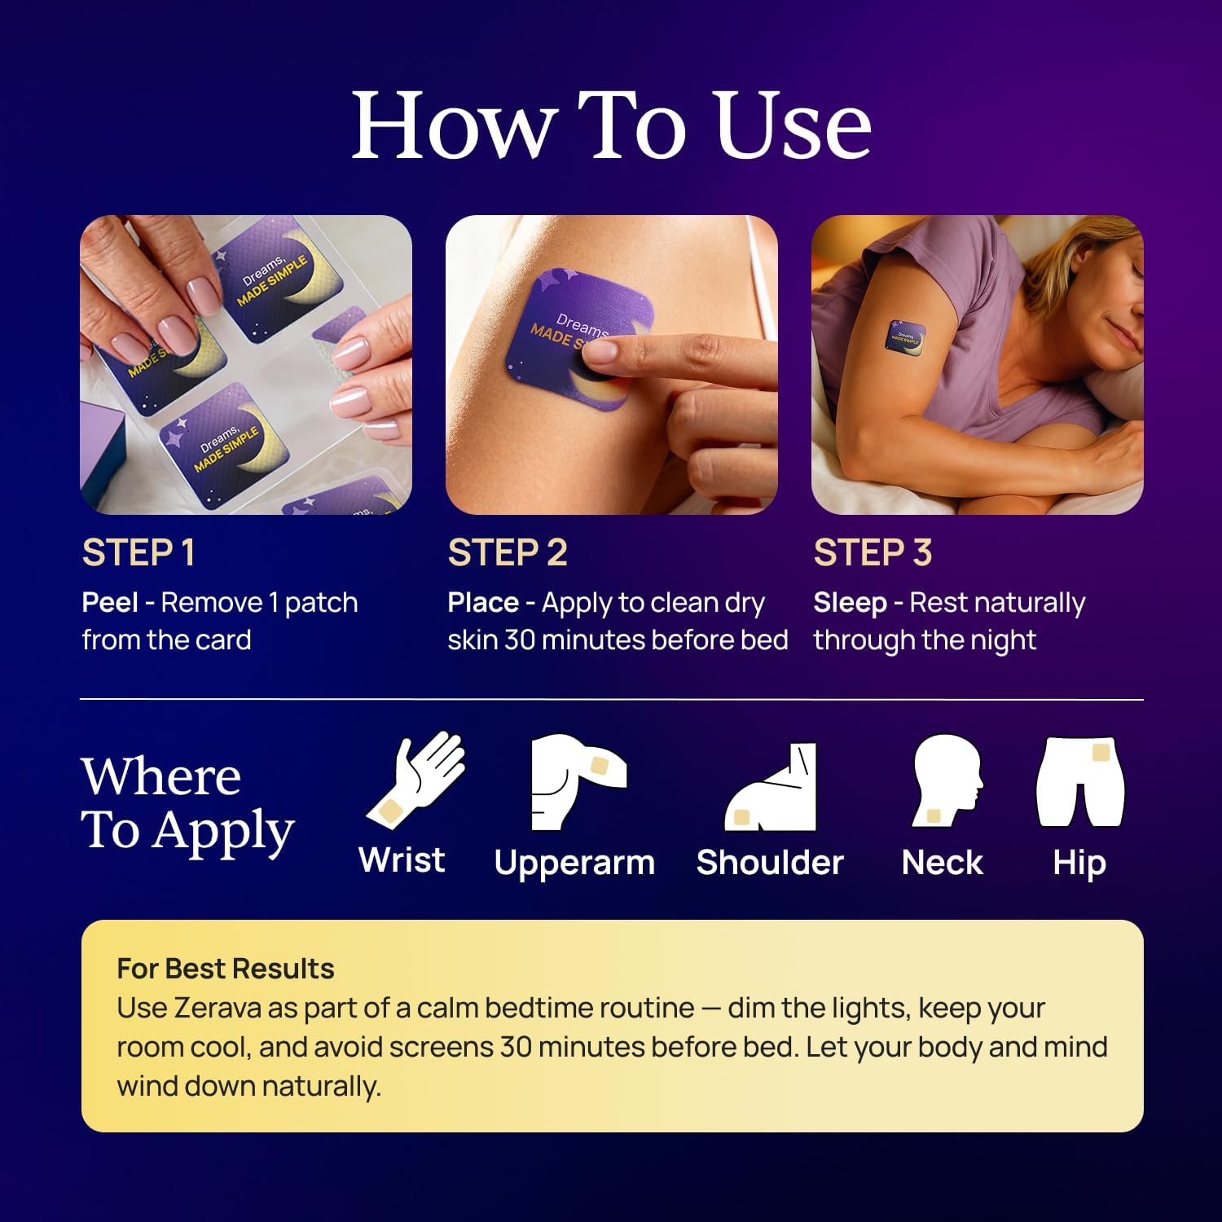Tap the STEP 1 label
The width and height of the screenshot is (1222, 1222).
(x=138, y=552)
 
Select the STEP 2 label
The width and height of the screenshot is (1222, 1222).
(x=507, y=552)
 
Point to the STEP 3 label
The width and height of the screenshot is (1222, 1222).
(x=873, y=552)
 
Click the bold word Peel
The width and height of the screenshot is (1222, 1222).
(x=110, y=603)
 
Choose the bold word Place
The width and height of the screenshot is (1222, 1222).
(x=483, y=603)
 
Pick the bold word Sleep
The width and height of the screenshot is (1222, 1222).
(x=850, y=603)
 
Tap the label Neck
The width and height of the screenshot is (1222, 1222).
(x=943, y=862)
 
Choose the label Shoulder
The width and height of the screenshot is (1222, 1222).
(x=770, y=862)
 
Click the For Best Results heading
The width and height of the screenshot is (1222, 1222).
(x=226, y=969)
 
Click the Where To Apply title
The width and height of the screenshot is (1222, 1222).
(x=187, y=802)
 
